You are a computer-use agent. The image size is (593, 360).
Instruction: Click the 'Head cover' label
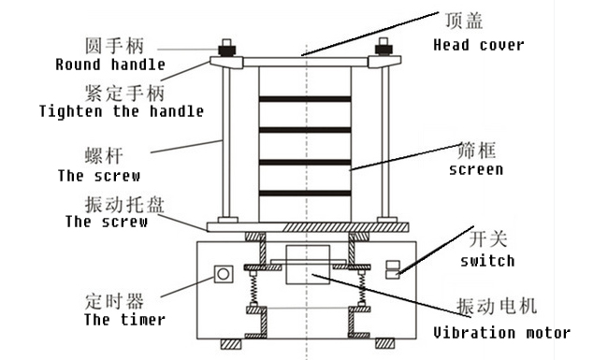[479, 46]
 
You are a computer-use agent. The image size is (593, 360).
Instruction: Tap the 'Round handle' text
[110, 65]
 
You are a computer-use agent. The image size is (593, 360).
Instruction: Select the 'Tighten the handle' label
[122, 111]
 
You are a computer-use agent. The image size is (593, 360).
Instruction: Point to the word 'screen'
[476, 169]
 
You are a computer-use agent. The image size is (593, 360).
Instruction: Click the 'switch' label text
[487, 261]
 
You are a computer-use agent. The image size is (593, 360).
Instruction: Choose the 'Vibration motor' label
[502, 333]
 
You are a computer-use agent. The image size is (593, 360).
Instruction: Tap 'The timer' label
[124, 320]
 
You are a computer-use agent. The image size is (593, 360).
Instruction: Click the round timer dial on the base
[224, 274]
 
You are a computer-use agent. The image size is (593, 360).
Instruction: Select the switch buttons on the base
[393, 269]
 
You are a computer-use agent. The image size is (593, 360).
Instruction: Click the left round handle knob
[226, 49]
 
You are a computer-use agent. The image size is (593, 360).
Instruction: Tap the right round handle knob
[383, 48]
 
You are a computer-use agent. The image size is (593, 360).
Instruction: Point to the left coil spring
[253, 288]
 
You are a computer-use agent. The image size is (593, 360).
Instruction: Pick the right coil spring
[362, 288]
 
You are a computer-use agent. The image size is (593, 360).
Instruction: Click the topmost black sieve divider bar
[305, 99]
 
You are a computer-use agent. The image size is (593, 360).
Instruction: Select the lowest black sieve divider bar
[305, 194]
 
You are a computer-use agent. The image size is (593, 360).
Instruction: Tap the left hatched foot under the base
[231, 343]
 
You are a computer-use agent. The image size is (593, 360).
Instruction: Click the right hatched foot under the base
[385, 343]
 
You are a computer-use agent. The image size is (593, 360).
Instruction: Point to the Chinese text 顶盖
[464, 21]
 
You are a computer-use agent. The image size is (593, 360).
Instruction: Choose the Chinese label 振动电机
[497, 306]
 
